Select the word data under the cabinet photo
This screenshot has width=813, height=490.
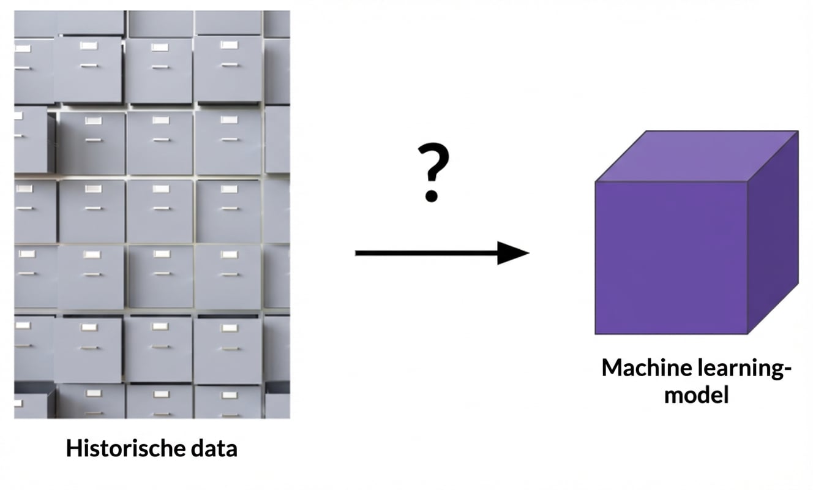tap(213, 449)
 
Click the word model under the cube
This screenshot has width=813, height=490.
tap(697, 394)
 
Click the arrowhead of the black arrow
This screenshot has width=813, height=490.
tap(513, 252)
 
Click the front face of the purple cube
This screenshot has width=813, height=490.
tap(671, 257)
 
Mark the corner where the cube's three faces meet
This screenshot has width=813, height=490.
tap(747, 182)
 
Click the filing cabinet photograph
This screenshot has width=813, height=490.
tap(152, 214)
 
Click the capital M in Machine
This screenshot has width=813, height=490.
tap(612, 368)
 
